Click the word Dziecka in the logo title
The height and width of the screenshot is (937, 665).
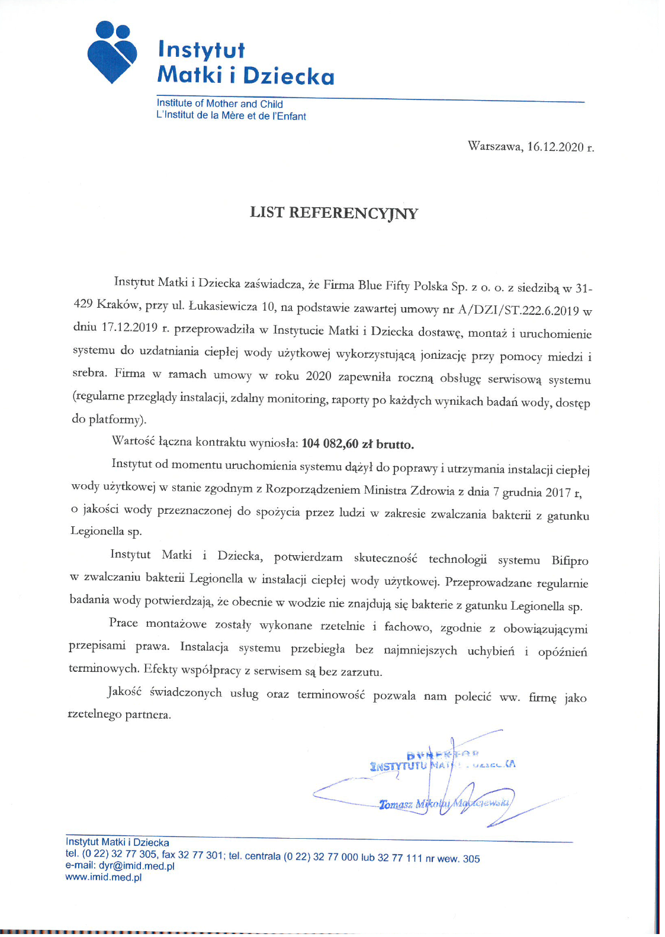pos(288,76)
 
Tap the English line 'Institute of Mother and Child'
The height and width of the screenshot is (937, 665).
pos(220,104)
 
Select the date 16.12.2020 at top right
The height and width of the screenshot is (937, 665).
pos(555,147)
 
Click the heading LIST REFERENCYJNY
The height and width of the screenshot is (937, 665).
pos(333,213)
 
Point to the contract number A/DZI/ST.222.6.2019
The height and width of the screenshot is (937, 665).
pos(518,310)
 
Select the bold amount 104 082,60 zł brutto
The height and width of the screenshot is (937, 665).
pos(358,444)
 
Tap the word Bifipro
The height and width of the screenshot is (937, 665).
pos(570,561)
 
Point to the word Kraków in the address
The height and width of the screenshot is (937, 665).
pos(117,304)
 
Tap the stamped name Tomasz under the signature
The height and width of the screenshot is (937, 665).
pos(396,804)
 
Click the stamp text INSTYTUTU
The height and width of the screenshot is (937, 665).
pos(398,766)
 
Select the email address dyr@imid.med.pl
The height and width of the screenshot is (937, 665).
pos(136,866)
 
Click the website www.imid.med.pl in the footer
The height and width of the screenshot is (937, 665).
pos(104,877)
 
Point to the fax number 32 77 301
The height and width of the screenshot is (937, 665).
pos(200,855)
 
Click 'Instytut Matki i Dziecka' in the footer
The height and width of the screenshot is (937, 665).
pos(117,842)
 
